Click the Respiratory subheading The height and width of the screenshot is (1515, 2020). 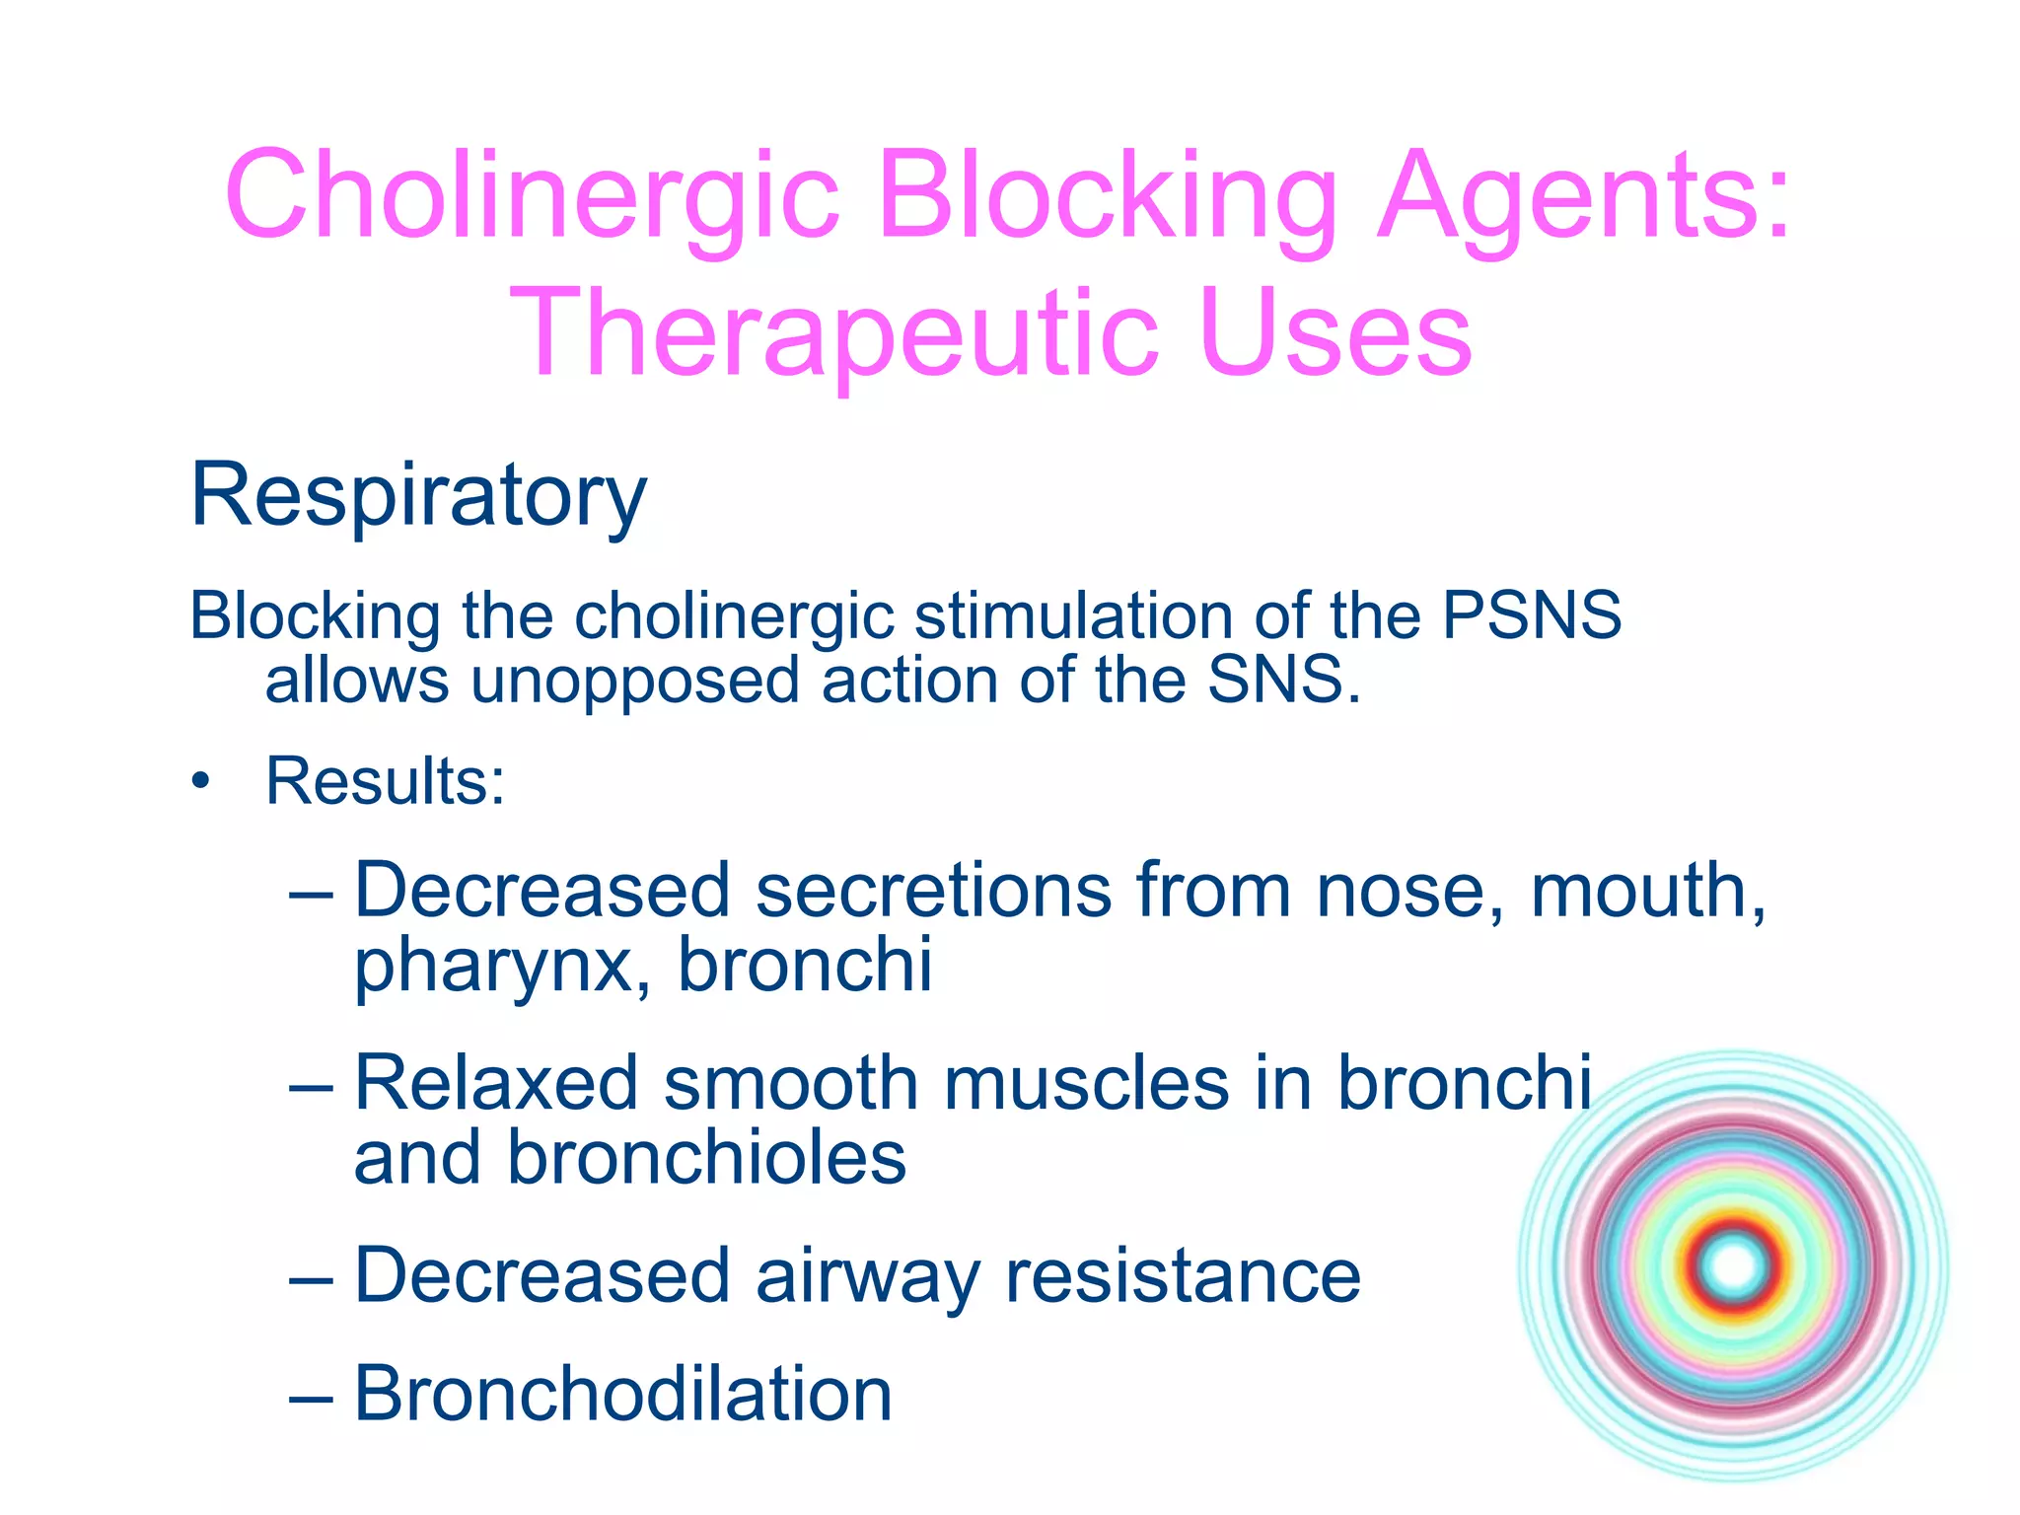pyautogui.click(x=418, y=496)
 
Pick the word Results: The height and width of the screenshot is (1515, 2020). pyautogui.click(x=386, y=782)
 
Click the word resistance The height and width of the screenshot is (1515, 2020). pyautogui.click(x=1183, y=1277)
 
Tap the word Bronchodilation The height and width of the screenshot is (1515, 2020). pyautogui.click(x=623, y=1395)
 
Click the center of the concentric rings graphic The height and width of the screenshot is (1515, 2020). pyautogui.click(x=1733, y=1266)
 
